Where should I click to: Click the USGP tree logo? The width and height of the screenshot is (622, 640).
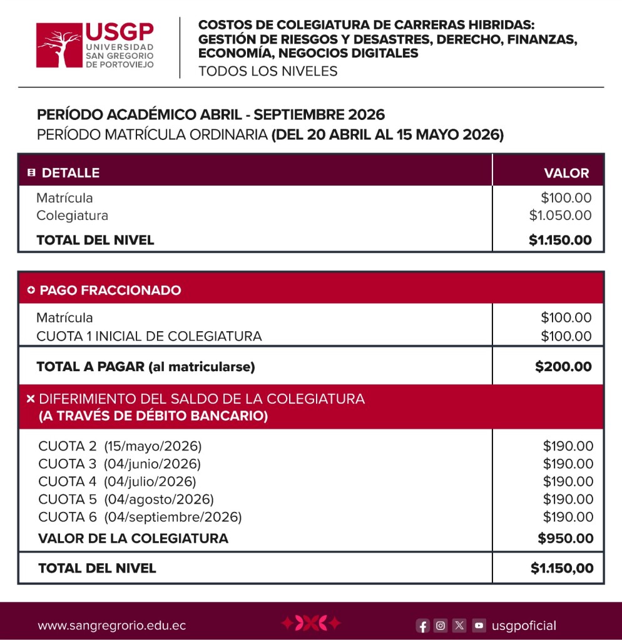pos(59,45)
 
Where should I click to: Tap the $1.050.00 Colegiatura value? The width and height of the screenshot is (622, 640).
pos(560,216)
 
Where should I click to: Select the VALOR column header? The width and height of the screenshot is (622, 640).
pos(566,173)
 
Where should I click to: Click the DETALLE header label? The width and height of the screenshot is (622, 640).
pos(70,173)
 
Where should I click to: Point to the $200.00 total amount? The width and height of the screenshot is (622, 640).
pos(563,367)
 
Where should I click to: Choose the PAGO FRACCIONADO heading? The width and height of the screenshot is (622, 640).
pos(110,290)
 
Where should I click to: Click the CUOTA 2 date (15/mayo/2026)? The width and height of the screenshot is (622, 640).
pos(153,446)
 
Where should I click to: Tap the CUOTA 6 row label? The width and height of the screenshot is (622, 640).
pos(68,517)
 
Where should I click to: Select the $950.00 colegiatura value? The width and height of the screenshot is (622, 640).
pos(566,538)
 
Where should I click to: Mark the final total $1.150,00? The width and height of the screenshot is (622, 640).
pos(562,568)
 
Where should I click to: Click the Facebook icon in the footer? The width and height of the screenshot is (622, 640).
pos(423,626)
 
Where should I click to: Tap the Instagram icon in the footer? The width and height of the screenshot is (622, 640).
pos(441,625)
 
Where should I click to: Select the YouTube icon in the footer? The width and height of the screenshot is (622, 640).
pos(479,625)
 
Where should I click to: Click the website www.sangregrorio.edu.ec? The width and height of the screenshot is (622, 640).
pos(111,626)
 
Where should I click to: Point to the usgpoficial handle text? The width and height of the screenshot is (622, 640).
pos(524,626)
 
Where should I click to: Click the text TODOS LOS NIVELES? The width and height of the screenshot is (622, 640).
pos(268,71)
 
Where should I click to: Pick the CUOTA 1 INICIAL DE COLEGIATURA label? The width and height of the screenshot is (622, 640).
pos(149,336)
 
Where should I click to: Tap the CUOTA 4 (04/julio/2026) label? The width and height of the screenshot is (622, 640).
pos(117,481)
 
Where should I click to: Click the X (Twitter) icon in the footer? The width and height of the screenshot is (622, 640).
pos(459,625)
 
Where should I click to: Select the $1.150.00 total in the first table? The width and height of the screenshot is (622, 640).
pos(560,240)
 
